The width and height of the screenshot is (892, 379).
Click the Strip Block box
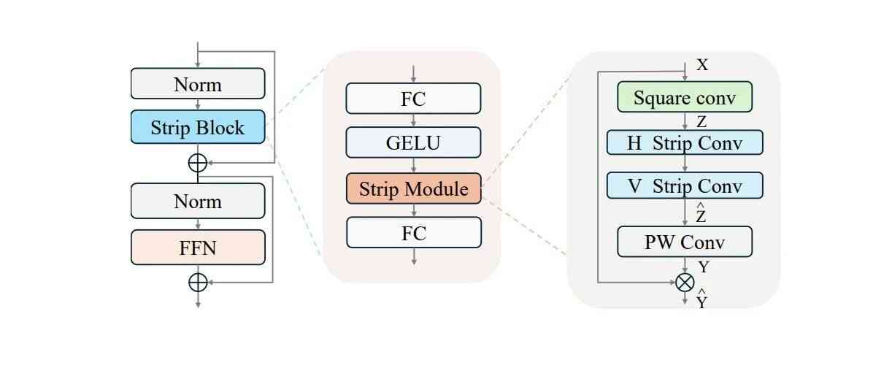pyautogui.click(x=198, y=127)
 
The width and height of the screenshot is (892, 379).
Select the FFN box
pyautogui.click(x=198, y=248)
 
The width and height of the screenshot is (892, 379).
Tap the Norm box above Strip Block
pyautogui.click(x=198, y=84)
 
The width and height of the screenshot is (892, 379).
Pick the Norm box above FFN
pyautogui.click(x=198, y=201)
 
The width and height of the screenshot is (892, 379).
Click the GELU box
pyautogui.click(x=413, y=142)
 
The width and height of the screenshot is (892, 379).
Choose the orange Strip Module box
pyautogui.click(x=413, y=188)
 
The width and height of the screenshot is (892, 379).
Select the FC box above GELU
pyautogui.click(x=413, y=99)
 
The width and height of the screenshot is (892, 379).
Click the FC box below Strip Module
pyautogui.click(x=413, y=233)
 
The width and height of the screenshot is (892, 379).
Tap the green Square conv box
pyautogui.click(x=684, y=97)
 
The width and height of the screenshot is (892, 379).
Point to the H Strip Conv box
pyautogui.click(x=684, y=142)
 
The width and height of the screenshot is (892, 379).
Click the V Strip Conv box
pyautogui.click(x=684, y=185)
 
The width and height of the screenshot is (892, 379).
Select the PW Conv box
pyautogui.click(x=684, y=242)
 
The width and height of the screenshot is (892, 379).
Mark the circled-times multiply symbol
pyautogui.click(x=684, y=282)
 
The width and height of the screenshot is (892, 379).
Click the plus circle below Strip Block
pyautogui.click(x=198, y=162)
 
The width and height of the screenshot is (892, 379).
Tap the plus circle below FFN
pyautogui.click(x=198, y=281)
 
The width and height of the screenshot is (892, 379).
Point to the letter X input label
pyautogui.click(x=702, y=65)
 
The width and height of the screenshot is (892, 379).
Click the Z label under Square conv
pyautogui.click(x=701, y=122)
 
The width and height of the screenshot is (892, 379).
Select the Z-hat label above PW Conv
pyautogui.click(x=701, y=215)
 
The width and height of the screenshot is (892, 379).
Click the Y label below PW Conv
pyautogui.click(x=703, y=267)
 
